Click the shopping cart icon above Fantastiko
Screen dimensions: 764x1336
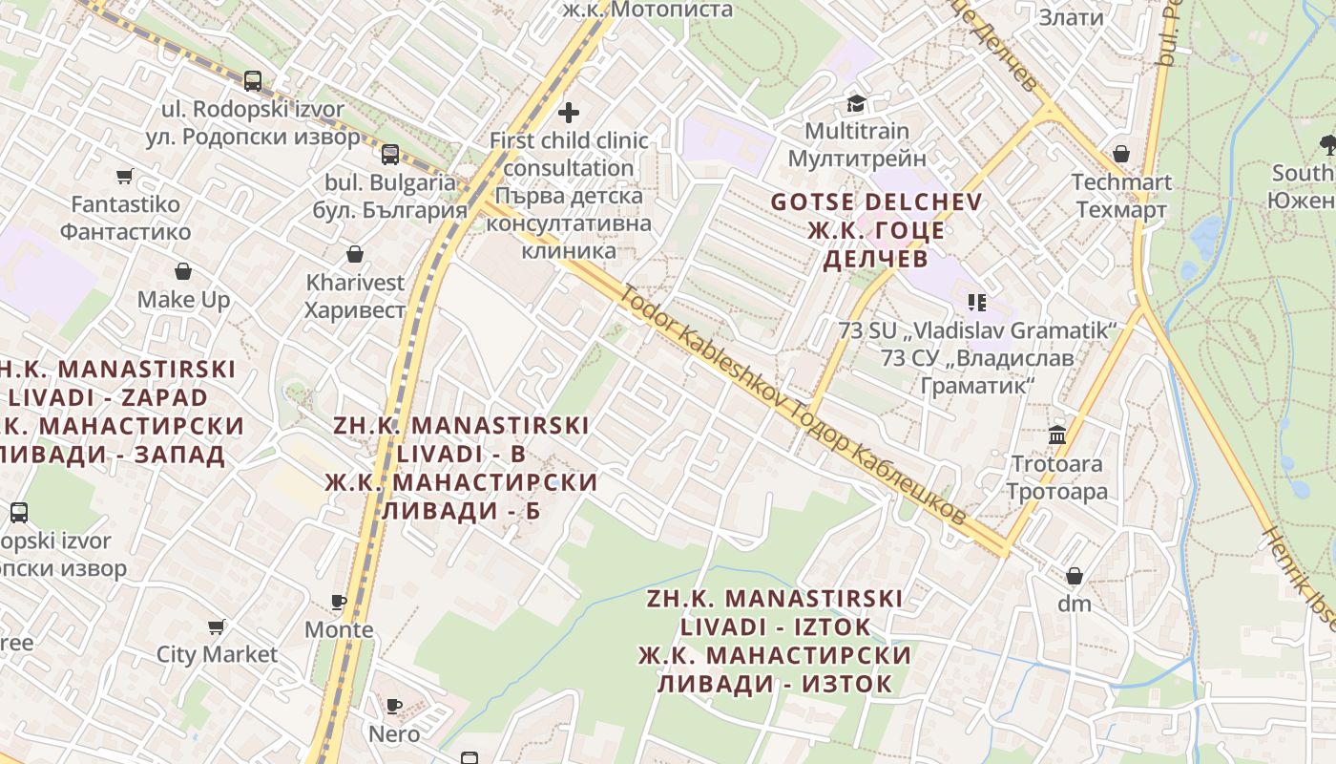pos(124,176)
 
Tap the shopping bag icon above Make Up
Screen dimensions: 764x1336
pos(183,272)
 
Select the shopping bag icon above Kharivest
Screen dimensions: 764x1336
pos(355,254)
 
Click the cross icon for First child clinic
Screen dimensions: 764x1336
pos(569,113)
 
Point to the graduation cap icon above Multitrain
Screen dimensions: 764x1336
pos(856,103)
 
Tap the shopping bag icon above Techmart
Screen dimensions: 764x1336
pos(1121,154)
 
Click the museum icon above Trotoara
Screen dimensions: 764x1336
pos(1057,435)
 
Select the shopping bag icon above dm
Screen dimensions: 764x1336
pos(1075,576)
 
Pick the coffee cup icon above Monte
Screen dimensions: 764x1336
pos(339,602)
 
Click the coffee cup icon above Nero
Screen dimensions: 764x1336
pos(394,706)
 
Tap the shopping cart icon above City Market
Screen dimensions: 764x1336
pos(217,626)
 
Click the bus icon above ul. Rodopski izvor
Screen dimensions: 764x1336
pos(252,81)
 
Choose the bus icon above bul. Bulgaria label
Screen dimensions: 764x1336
pos(390,155)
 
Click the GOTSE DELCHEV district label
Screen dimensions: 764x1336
pos(876,202)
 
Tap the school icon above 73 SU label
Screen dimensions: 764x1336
pos(976,303)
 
